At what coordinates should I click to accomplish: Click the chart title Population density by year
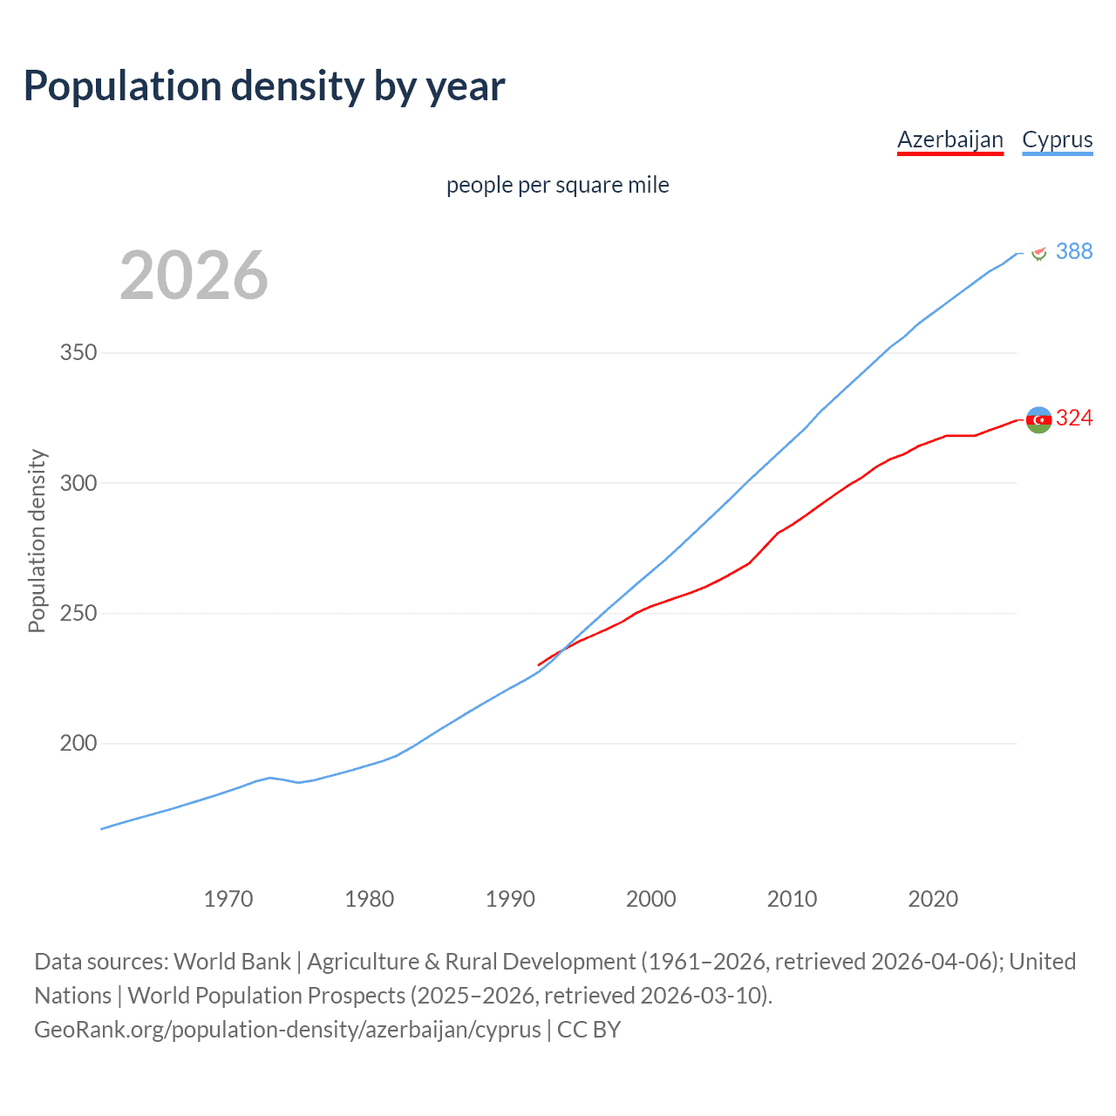[264, 86]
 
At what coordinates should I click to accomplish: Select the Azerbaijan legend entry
[950, 139]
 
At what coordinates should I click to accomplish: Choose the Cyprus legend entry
[1057, 139]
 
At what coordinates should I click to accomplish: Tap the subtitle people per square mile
[558, 186]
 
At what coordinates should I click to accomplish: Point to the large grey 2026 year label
[194, 276]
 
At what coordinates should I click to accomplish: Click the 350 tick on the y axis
[78, 353]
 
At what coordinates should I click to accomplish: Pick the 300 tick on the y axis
[78, 483]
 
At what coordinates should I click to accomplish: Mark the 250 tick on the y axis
[78, 614]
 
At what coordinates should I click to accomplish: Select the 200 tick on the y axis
[78, 744]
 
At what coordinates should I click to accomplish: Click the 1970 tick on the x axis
[228, 899]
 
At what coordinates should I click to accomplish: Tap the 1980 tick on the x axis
[370, 899]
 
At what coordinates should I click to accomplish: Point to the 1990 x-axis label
[510, 899]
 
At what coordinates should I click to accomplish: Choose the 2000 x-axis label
[651, 899]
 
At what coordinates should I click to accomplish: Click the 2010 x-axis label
[792, 899]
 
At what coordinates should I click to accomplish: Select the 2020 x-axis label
[933, 899]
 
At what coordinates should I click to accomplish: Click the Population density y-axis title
[37, 541]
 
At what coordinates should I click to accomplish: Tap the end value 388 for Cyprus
[1073, 251]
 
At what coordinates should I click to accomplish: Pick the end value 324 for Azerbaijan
[1073, 418]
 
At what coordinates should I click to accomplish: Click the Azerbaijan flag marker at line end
[1038, 419]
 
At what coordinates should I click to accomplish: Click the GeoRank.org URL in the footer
[288, 1030]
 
